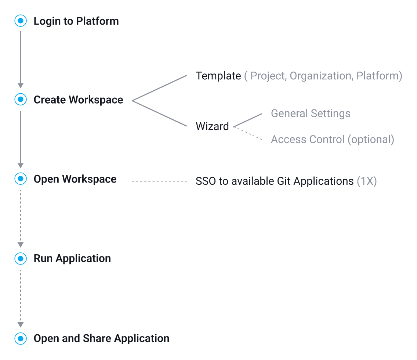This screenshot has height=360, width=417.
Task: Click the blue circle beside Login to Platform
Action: pos(21,21)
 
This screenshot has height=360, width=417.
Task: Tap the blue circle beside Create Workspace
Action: pos(21,100)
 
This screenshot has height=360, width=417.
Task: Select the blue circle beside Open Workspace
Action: pos(21,179)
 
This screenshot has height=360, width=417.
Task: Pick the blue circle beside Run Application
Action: pos(21,258)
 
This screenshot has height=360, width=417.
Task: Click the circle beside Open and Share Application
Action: pos(21,338)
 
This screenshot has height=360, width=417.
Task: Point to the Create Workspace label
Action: pos(78,100)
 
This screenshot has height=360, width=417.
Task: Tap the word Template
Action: pos(218,76)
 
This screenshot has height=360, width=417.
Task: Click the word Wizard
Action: pos(212,126)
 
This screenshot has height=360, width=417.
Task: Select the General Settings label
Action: pos(311,114)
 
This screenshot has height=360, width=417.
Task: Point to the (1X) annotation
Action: pos(367,181)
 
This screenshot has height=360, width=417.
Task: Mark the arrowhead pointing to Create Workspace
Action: pos(21,86)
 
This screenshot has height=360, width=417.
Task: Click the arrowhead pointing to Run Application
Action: pos(21,245)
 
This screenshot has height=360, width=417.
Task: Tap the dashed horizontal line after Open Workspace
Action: pos(159,181)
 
